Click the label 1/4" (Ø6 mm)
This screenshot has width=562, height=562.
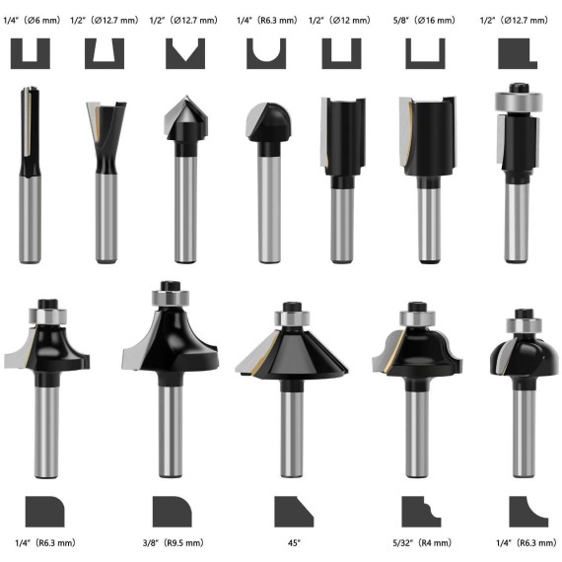33,19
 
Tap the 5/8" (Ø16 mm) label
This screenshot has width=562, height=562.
425,19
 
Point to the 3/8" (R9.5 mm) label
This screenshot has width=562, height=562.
174,542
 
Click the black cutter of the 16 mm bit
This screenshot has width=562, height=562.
425,138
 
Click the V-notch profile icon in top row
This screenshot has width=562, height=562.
184,54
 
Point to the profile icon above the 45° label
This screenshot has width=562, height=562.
293,511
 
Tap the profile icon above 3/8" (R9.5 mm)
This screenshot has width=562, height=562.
173,511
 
